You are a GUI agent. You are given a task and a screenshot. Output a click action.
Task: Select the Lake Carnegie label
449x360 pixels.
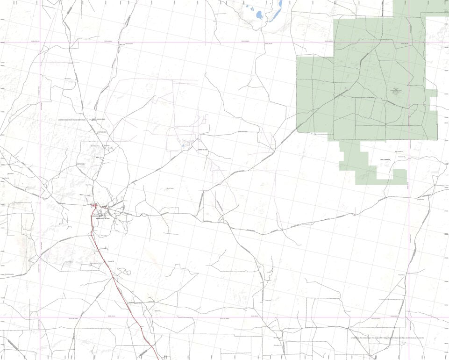[x=385, y=159]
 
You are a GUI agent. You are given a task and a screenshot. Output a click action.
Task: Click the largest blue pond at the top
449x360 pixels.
[x=259, y=15]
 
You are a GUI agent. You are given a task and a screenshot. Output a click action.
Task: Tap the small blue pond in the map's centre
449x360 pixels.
[x=183, y=149]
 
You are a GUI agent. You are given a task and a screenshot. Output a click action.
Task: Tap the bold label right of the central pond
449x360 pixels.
[x=202, y=150]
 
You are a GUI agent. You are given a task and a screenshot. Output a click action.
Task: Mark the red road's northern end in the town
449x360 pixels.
[x=93, y=206]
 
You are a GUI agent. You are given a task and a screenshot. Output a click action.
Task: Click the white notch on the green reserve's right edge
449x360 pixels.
[x=433, y=101]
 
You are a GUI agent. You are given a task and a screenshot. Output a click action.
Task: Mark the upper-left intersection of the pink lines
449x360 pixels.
[x=40, y=43]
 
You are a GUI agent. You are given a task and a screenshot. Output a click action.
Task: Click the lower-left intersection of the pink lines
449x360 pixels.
[x=40, y=318]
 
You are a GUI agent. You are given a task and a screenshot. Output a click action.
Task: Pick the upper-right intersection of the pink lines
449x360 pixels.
[x=409, y=43]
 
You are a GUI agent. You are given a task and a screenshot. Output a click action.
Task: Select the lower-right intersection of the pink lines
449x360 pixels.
[x=409, y=318]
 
